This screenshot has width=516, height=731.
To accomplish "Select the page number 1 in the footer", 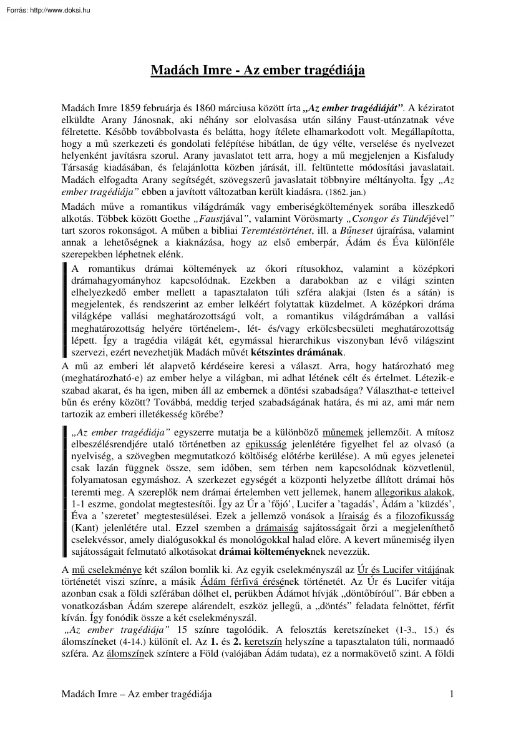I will [x=450, y=712].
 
